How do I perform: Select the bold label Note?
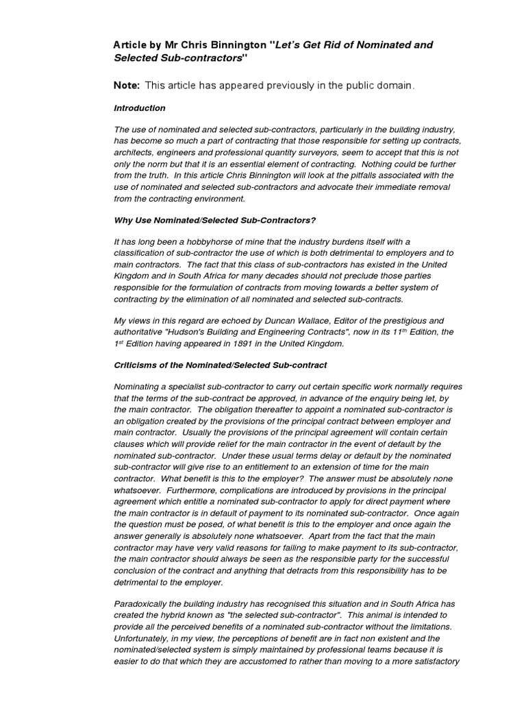pos(127,85)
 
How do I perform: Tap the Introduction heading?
pos(139,108)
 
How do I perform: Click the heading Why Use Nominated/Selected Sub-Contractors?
pos(214,220)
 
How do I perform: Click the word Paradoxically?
pos(144,604)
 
